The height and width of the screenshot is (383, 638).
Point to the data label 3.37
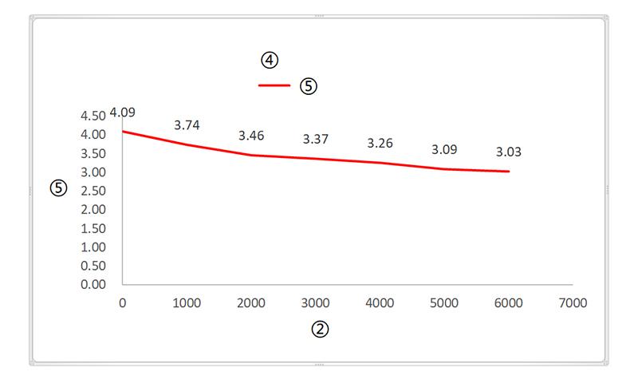[316, 140]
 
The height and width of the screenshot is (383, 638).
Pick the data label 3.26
[380, 144]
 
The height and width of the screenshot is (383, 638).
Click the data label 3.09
[444, 149]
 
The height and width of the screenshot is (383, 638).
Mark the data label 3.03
[509, 152]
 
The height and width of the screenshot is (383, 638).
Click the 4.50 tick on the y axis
[93, 116]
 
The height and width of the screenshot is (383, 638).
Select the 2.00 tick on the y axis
[93, 209]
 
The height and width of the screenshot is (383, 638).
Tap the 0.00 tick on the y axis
[93, 284]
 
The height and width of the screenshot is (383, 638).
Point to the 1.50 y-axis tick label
[93, 228]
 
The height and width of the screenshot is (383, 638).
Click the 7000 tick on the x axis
[573, 303]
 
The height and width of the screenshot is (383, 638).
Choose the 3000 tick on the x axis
[316, 303]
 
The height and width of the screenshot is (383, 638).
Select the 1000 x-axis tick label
[187, 303]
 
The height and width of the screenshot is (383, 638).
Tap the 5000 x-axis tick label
[444, 303]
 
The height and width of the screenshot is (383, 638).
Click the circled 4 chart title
[270, 60]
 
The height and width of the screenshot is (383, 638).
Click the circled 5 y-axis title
[57, 188]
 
